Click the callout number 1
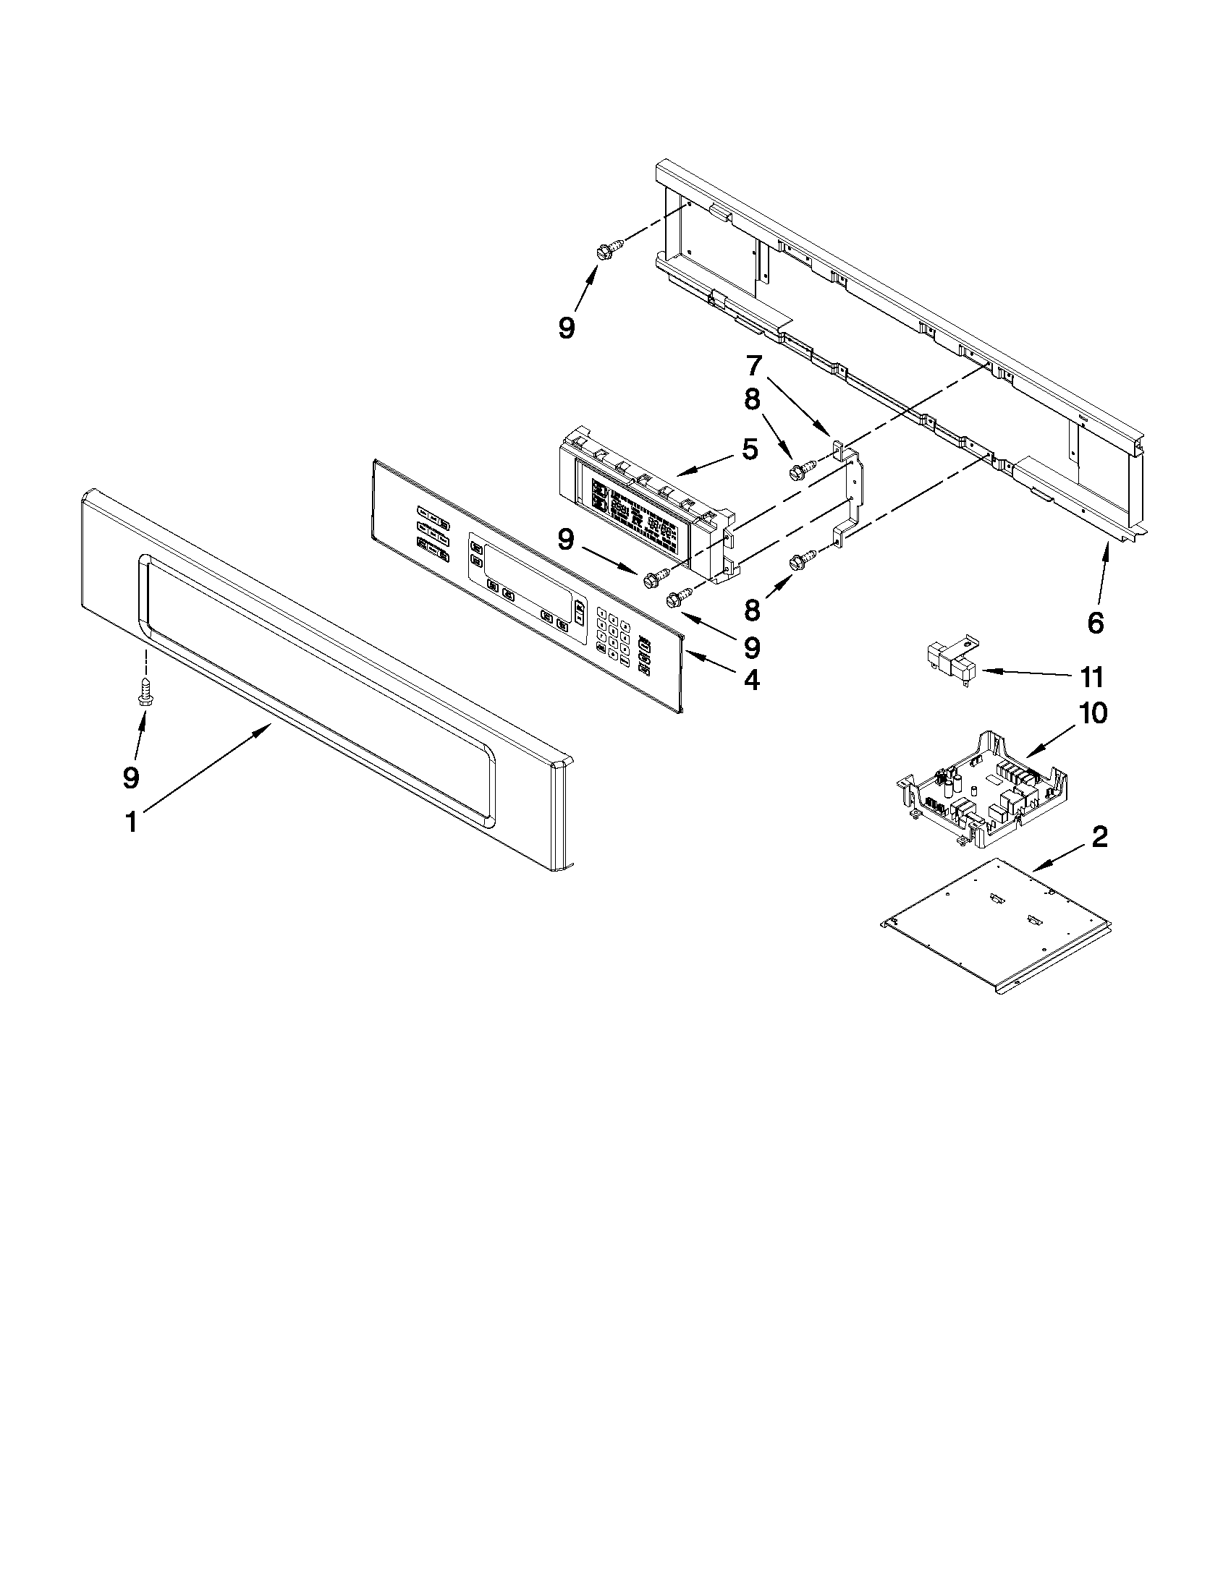click(x=131, y=823)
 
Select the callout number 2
click(x=1099, y=837)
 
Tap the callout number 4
click(x=752, y=680)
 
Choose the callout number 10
click(x=1093, y=712)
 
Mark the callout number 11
click(x=1091, y=677)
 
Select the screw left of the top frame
click(x=606, y=250)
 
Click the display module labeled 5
click(x=642, y=514)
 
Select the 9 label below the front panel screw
click(x=130, y=778)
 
